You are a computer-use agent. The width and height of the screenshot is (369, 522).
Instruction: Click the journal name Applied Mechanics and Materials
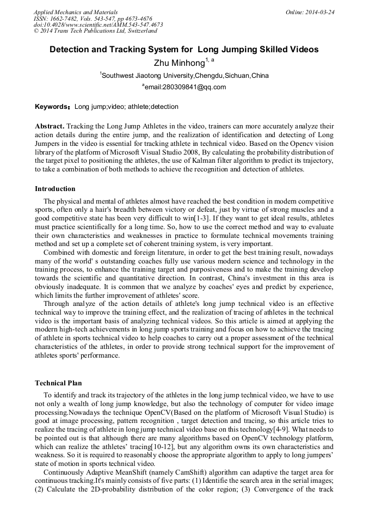pos(75,11)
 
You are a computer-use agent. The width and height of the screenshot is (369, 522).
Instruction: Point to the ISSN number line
pos(93,18)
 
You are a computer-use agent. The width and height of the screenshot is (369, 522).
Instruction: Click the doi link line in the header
pos(98,24)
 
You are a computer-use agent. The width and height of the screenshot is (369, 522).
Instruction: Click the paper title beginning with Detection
pos(184,50)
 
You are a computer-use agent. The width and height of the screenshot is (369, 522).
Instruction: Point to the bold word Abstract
pos(50,126)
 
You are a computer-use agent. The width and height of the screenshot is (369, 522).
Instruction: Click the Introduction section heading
pos(55,189)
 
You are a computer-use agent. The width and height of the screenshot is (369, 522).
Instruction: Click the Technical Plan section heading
pos(58,383)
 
